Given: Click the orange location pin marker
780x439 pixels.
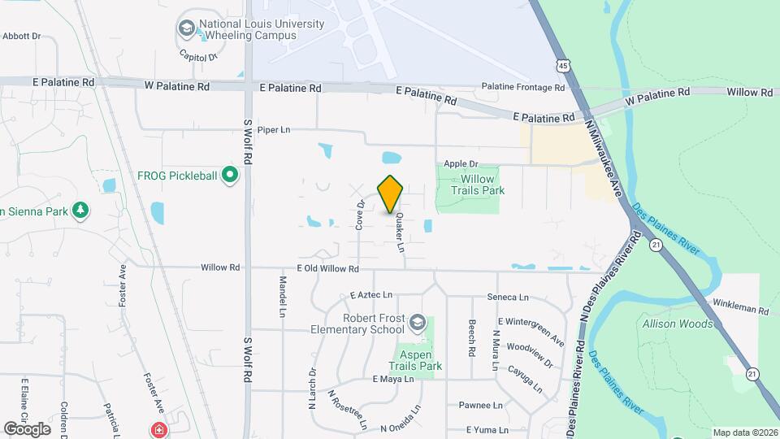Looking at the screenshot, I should (x=391, y=193).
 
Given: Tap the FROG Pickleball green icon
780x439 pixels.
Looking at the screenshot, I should (x=230, y=174).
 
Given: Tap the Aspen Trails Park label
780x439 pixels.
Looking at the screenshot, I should (x=419, y=360).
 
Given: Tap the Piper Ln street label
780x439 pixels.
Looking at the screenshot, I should (x=273, y=130).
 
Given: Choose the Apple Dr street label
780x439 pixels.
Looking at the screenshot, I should (x=461, y=163).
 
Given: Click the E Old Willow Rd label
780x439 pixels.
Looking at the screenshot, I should (x=327, y=268).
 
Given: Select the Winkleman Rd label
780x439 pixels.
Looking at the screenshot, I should (x=740, y=310).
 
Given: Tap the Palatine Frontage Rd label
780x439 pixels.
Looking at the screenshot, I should (x=522, y=87).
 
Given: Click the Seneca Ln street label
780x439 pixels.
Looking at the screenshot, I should (x=508, y=298).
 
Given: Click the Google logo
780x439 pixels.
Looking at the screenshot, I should (x=27, y=428).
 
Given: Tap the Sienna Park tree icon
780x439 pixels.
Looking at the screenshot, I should (x=80, y=211).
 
